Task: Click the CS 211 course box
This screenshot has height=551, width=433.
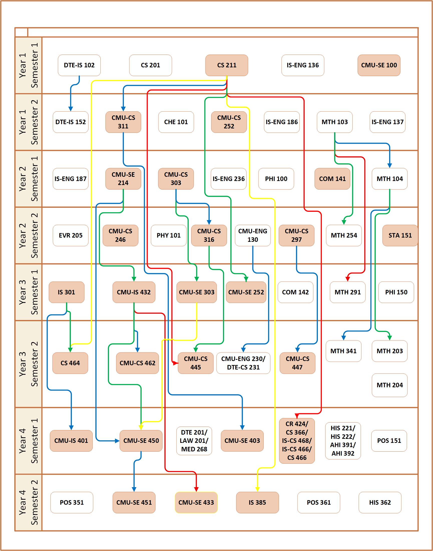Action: click(x=227, y=65)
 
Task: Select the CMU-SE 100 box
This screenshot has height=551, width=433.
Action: click(x=379, y=65)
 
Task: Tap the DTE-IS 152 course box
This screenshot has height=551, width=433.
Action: click(x=71, y=122)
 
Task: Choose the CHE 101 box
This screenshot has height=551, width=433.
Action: click(x=176, y=122)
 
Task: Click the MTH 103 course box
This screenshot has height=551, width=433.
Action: click(x=335, y=122)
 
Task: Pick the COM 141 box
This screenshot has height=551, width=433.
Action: click(x=332, y=179)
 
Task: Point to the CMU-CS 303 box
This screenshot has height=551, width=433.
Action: click(x=176, y=179)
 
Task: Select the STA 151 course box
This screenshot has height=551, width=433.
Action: click(x=400, y=235)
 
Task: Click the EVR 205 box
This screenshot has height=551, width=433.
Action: click(x=71, y=235)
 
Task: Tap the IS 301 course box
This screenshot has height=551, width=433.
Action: click(x=66, y=292)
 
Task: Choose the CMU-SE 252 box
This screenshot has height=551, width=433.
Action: click(x=246, y=292)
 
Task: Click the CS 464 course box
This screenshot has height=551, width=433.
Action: click(x=70, y=363)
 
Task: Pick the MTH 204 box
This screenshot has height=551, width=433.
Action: click(x=389, y=385)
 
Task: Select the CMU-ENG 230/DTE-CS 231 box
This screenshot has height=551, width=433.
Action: click(x=243, y=363)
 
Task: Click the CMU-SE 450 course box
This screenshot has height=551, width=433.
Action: click(x=141, y=440)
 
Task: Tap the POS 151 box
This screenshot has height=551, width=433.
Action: click(x=389, y=440)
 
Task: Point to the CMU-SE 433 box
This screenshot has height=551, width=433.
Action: click(x=196, y=502)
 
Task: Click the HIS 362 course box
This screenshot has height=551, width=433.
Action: click(x=380, y=502)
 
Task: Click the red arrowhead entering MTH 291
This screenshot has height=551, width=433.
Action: click(x=348, y=279)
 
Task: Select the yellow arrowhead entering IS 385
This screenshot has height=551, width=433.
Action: click(x=257, y=489)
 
